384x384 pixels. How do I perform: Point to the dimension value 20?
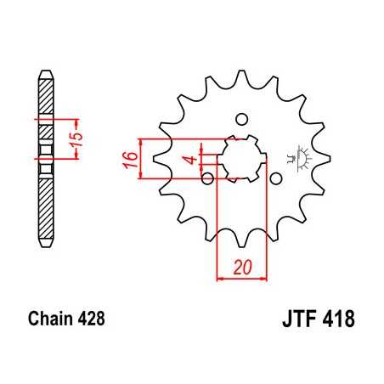click(242, 268)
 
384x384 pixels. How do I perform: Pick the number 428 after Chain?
click(90, 321)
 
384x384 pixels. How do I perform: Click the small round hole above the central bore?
click(241, 118)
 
